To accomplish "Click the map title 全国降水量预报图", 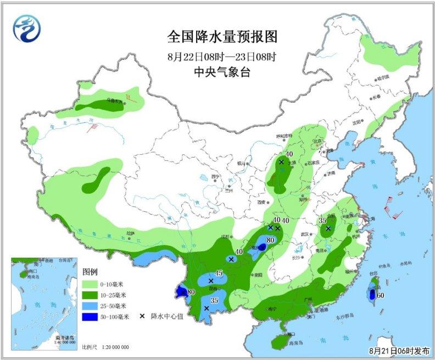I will (x=222, y=37).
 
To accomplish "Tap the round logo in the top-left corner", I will (x=27, y=27).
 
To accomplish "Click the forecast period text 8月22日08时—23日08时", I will (x=222, y=56).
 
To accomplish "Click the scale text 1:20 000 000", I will (x=115, y=347).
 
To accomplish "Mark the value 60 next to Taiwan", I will (x=380, y=296).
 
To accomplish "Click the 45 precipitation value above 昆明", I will (x=218, y=273).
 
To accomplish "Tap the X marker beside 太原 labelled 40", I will (x=281, y=162).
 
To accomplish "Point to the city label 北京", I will (x=316, y=141).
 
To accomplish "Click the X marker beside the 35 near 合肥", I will (x=328, y=228).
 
